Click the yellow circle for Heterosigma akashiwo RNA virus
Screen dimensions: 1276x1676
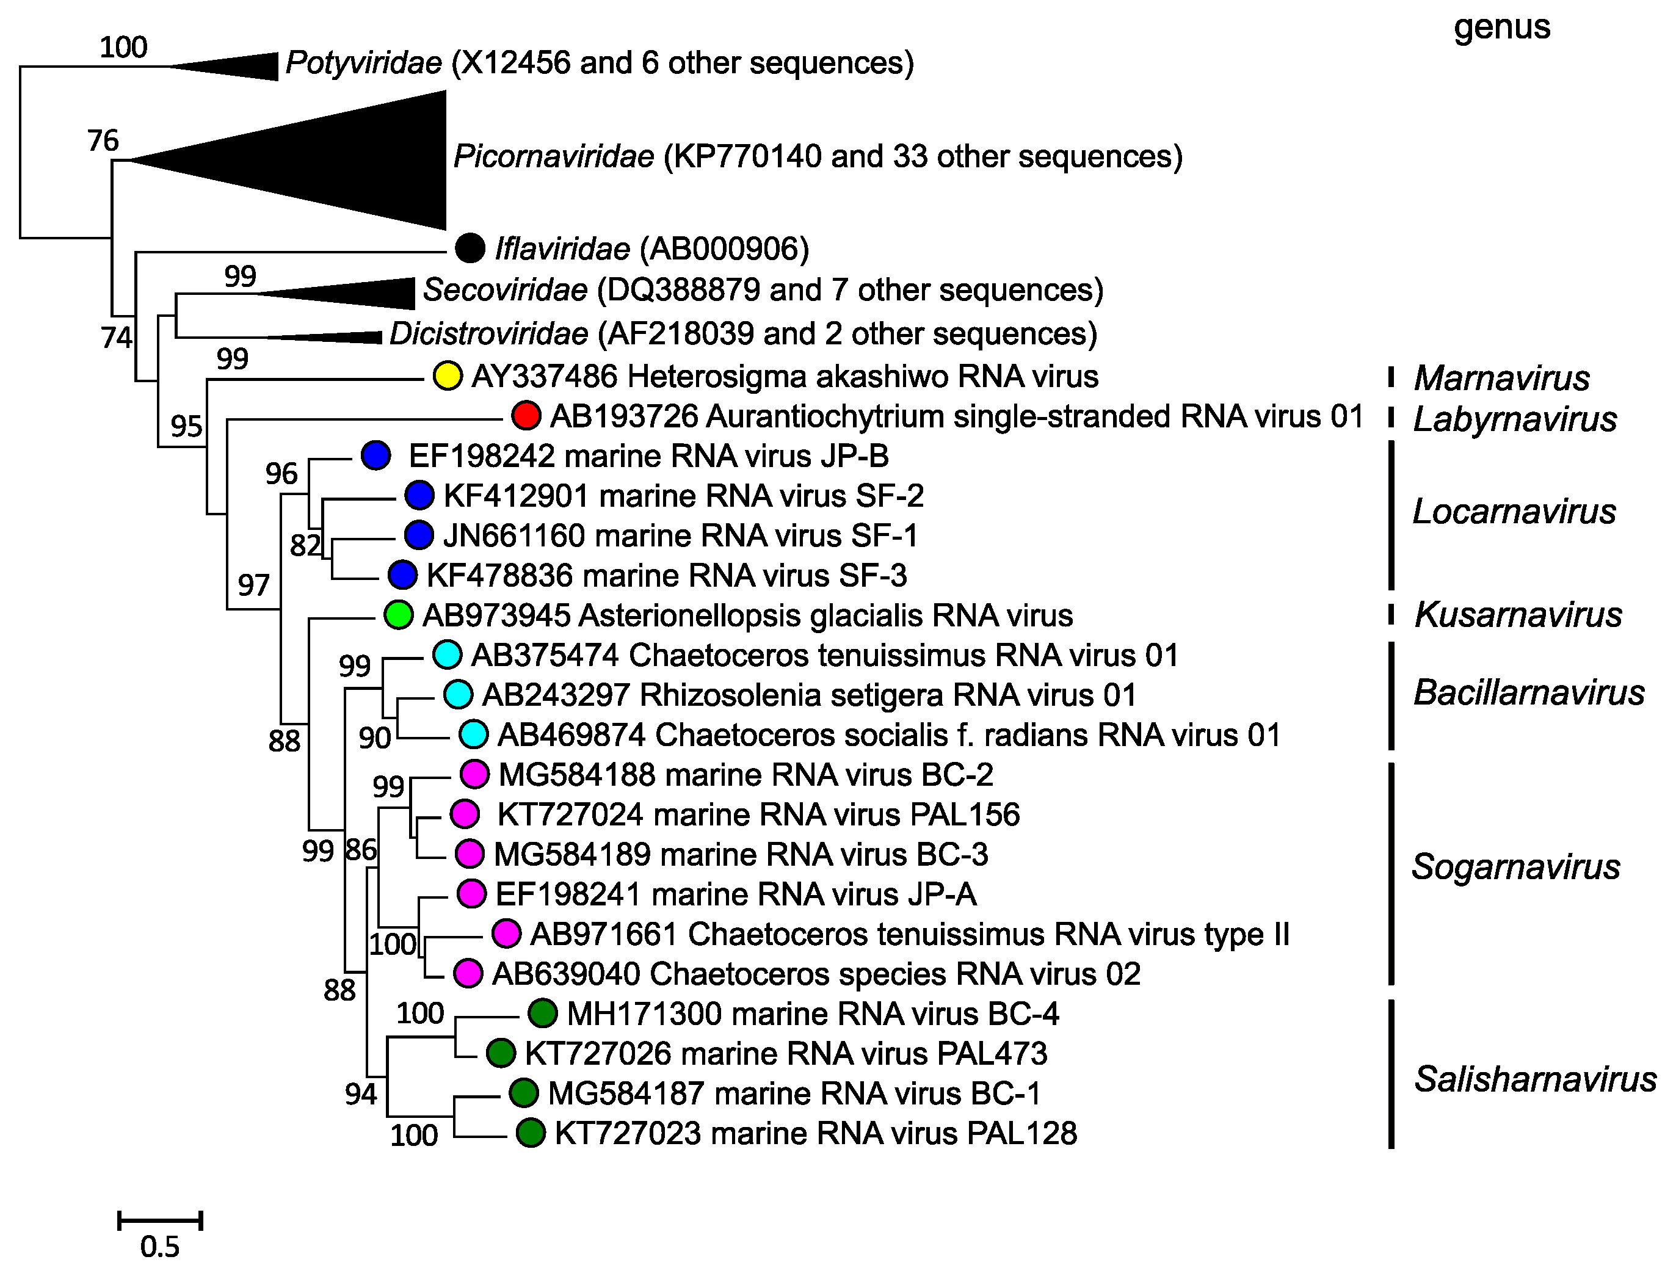[448, 376]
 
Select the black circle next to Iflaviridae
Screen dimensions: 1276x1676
[470, 248]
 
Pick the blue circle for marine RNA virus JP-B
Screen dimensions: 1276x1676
[375, 455]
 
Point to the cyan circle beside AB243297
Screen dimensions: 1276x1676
[458, 694]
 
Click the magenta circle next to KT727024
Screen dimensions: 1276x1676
[465, 813]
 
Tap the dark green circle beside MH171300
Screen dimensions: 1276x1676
[543, 1013]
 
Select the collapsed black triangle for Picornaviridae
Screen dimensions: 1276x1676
[342, 160]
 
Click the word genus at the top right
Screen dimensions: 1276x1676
[1501, 27]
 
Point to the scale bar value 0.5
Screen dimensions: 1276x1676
[159, 1246]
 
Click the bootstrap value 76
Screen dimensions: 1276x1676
[103, 140]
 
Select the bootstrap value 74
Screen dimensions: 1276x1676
[116, 337]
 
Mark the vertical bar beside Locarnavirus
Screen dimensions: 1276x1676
[1391, 515]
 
